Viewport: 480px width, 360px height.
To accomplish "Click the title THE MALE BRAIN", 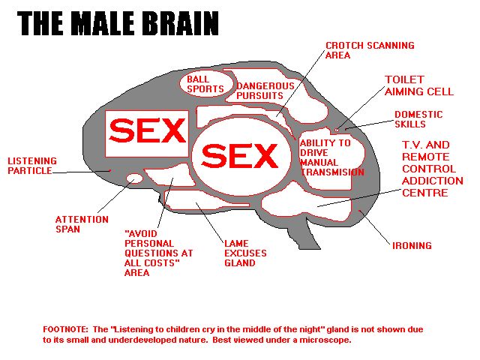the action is tap(118, 23).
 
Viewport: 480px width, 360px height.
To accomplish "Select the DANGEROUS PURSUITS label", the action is tap(265, 91).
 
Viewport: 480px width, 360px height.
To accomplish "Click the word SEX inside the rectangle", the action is tap(147, 130).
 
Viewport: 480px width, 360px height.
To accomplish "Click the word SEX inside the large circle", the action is tap(240, 156).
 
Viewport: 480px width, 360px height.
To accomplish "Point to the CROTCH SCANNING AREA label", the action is tap(370, 50).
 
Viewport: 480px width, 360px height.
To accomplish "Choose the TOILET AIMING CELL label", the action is tap(418, 85).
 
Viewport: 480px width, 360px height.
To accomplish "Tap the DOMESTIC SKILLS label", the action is tap(418, 119).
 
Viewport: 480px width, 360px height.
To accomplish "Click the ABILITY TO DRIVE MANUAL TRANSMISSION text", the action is tap(331, 157).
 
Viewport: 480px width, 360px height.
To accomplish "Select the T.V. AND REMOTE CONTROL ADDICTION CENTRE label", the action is tap(432, 169).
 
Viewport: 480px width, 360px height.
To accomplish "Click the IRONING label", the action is tap(412, 245).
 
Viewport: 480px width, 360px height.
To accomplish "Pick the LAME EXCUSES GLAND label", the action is tap(245, 253).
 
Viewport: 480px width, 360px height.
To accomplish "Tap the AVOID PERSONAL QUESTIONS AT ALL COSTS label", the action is tap(158, 253).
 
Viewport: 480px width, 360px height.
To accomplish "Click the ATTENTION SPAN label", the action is tap(82, 224).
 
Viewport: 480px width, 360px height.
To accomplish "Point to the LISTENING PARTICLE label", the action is tap(32, 166).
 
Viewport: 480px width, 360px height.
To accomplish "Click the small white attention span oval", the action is tap(135, 178).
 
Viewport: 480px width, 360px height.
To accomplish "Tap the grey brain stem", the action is tap(303, 232).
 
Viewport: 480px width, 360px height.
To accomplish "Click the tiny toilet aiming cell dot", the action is tap(337, 130).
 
